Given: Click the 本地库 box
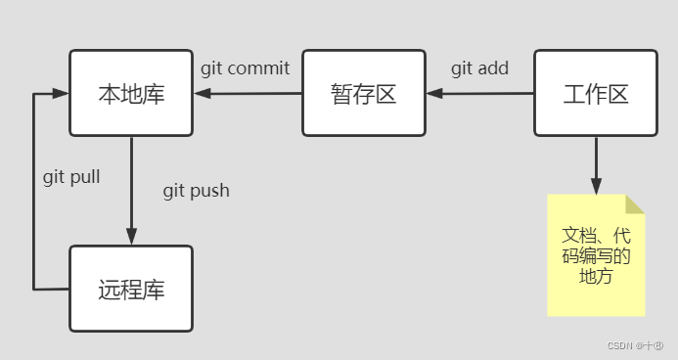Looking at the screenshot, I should click(x=131, y=94).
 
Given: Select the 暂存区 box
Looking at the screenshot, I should click(x=363, y=94).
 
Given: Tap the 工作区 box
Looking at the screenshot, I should click(x=595, y=94).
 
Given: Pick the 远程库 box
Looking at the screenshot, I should click(x=131, y=289).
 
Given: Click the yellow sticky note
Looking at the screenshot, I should click(x=596, y=256).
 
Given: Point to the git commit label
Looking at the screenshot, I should click(x=246, y=68).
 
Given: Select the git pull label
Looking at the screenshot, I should click(x=71, y=178).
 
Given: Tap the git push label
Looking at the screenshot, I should click(x=196, y=190).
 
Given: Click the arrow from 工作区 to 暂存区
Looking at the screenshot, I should click(x=479, y=94).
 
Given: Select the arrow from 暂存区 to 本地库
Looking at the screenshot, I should click(x=248, y=94).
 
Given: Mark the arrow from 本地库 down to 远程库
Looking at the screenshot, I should click(x=131, y=191).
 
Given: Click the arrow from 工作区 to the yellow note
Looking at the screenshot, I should click(x=596, y=166).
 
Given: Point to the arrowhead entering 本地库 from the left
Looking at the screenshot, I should click(x=61, y=94).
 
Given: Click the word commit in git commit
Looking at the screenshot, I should click(x=259, y=68).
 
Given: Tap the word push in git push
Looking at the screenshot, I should click(x=209, y=190).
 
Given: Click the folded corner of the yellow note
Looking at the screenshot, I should click(x=635, y=203).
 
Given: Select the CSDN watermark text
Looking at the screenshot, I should click(x=634, y=345).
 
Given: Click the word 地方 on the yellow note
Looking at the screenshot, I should click(x=596, y=276).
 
